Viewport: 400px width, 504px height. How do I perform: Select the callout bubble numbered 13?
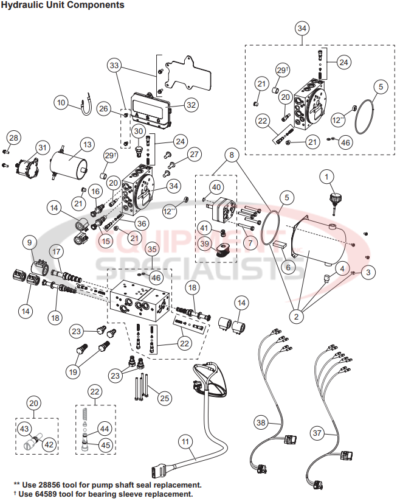(87, 145)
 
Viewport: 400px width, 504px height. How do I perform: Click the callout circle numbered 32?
(191, 105)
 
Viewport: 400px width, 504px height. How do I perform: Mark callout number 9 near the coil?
(29, 242)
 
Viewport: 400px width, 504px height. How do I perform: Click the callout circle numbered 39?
(205, 245)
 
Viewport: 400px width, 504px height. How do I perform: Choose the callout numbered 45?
(105, 445)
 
